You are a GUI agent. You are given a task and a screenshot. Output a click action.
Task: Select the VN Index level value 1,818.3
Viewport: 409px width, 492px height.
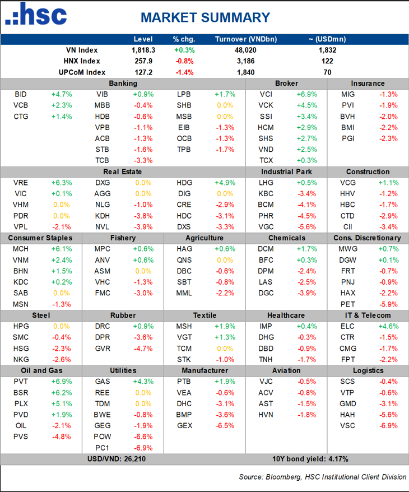pos(142,50)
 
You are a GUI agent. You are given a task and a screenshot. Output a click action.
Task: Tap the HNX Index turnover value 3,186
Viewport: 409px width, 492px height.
pos(246,61)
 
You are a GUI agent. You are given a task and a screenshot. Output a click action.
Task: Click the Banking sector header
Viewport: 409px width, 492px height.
pos(123,83)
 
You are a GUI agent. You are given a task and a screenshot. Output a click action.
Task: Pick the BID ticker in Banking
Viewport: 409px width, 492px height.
pos(21,94)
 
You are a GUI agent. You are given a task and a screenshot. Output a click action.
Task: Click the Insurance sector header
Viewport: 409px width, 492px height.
pos(368,83)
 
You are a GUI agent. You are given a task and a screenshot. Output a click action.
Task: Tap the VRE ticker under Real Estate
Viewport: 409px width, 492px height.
pos(21,183)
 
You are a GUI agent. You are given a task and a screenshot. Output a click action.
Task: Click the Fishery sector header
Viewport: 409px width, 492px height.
pos(123,238)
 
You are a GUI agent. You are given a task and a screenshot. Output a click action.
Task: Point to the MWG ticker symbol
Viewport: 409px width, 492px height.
pos(347,249)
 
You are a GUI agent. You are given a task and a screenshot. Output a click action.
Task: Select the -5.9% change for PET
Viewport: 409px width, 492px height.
pos(388,304)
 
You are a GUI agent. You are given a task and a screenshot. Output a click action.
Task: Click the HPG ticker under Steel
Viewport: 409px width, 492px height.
pos(21,326)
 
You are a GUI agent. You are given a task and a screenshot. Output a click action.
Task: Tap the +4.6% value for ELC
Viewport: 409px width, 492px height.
pos(388,326)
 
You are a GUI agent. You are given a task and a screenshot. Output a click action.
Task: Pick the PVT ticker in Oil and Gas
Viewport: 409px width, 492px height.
pos(21,381)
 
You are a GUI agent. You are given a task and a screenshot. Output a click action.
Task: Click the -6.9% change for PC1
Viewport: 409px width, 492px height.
pos(142,448)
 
